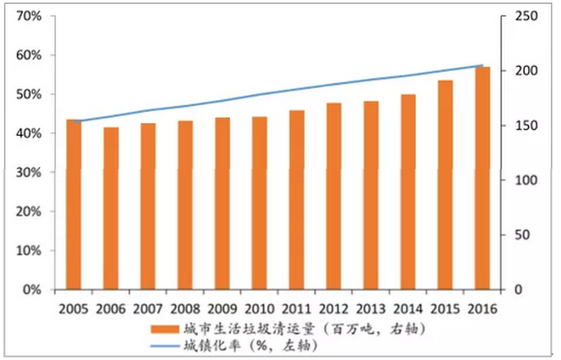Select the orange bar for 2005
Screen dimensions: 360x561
(x=74, y=205)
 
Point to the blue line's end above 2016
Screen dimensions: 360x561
(x=482, y=66)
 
